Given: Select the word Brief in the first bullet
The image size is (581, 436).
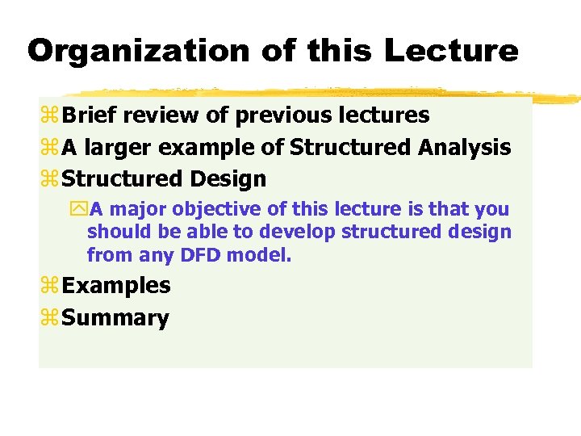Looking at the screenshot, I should [x=88, y=115].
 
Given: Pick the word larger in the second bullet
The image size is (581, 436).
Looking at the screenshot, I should [x=116, y=148].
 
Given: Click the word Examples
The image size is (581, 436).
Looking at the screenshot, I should [x=116, y=286].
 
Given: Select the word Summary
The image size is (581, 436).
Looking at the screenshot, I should [x=115, y=318].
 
